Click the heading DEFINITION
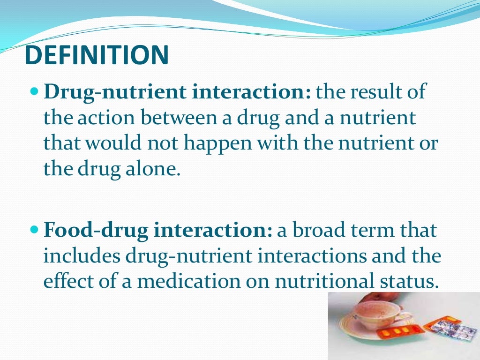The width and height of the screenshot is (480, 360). [x=96, y=55]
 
